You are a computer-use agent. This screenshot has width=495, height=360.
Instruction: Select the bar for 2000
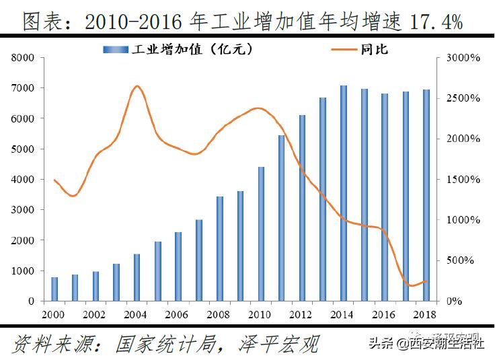click(54, 289)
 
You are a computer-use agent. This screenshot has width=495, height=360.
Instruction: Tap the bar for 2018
click(426, 195)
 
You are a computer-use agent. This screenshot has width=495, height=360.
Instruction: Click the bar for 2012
click(303, 208)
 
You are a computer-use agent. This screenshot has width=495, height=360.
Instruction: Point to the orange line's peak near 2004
click(137, 86)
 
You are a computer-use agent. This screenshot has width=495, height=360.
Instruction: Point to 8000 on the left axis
click(24, 58)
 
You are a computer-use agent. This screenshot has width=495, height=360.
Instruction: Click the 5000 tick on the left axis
click(24, 149)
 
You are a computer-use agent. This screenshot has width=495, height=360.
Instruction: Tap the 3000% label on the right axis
click(463, 58)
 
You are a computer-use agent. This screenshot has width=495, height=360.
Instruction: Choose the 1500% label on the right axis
click(463, 180)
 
